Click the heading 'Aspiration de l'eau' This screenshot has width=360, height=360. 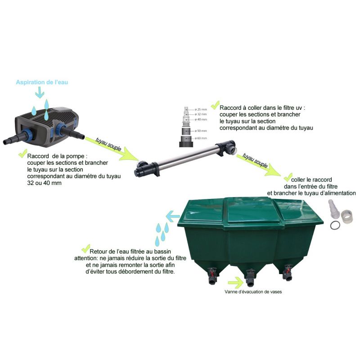point(42,82)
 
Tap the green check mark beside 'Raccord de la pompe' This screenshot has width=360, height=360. point(21,154)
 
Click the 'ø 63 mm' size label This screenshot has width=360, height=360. point(201,138)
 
